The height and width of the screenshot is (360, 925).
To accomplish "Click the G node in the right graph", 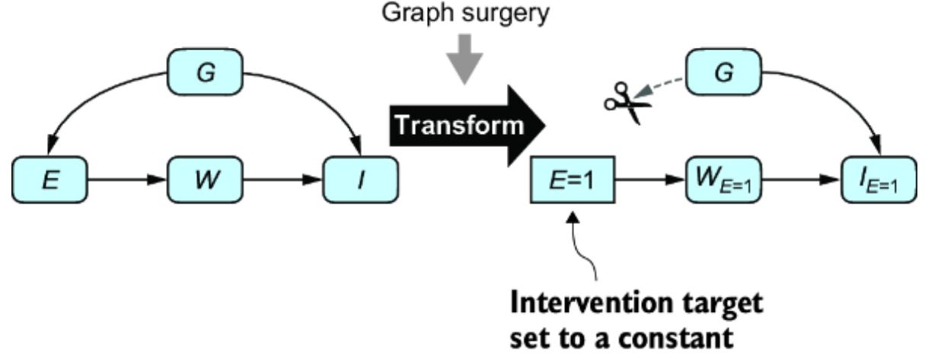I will pos(725,74).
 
